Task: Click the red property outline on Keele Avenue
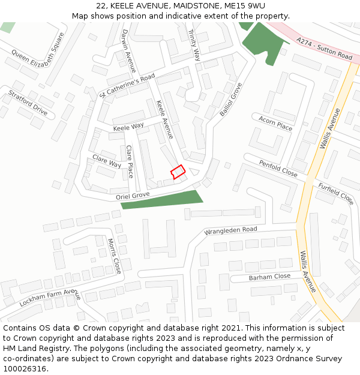(x=178, y=172)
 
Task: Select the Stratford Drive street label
(x=28, y=103)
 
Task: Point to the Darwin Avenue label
(x=129, y=51)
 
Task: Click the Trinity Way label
(x=194, y=46)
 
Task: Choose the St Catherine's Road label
(x=127, y=86)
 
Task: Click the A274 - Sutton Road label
(x=325, y=48)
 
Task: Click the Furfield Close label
(x=336, y=193)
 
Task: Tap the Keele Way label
(x=128, y=127)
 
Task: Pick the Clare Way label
(x=107, y=161)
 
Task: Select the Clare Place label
(x=130, y=161)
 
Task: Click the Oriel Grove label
(x=133, y=195)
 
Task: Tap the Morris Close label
(x=115, y=256)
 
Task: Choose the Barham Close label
(x=269, y=277)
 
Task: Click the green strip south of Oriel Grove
(x=162, y=200)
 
